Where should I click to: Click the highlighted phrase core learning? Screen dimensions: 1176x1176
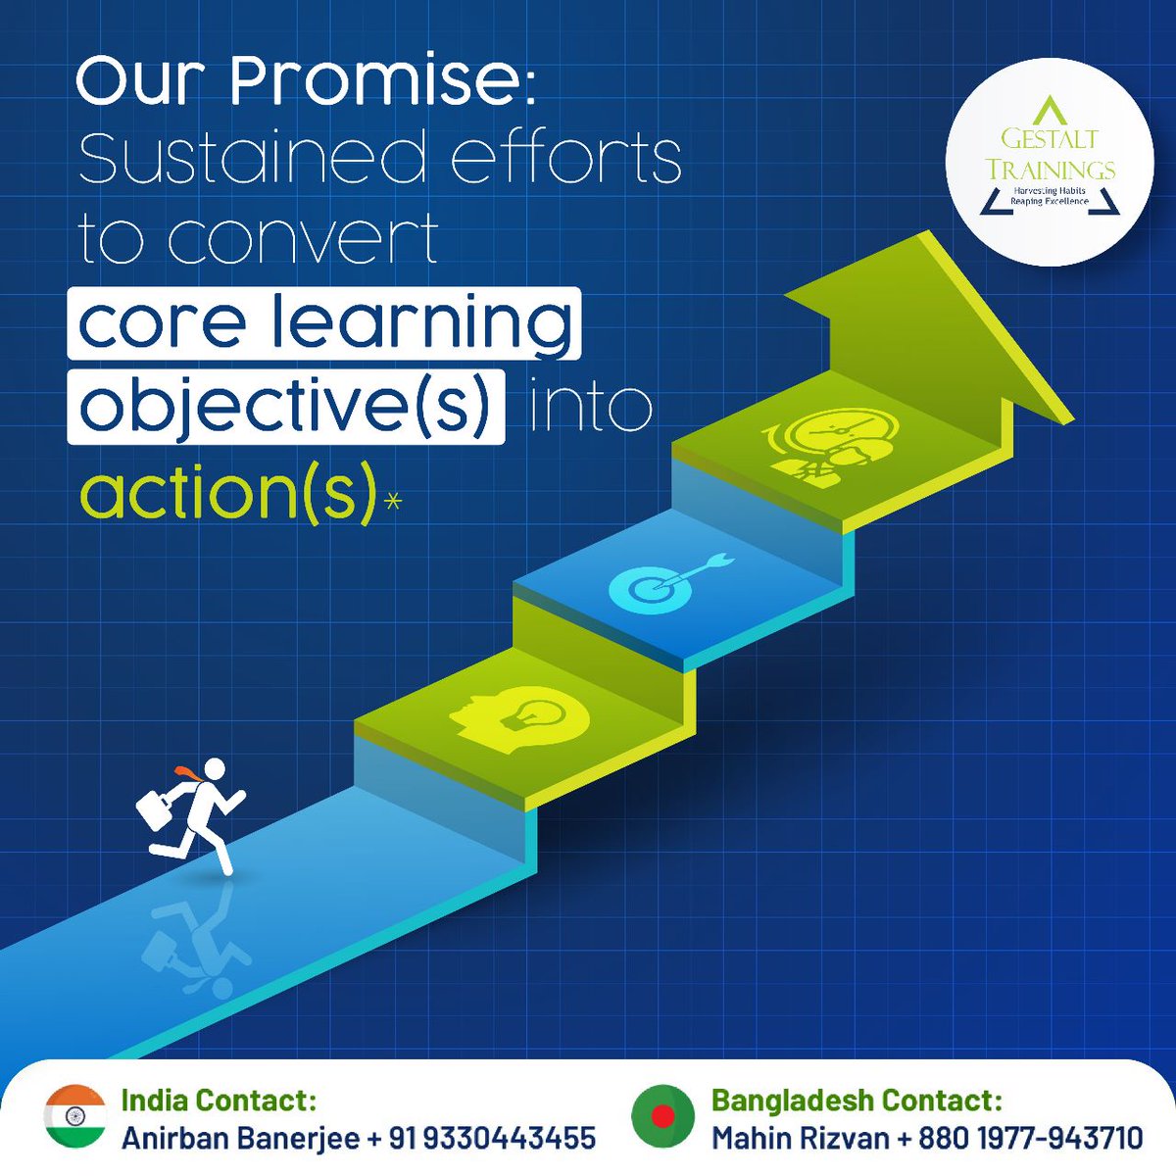tap(324, 321)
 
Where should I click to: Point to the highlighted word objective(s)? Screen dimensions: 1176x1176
tap(285, 405)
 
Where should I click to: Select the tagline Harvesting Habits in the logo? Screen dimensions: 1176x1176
tap(1049, 190)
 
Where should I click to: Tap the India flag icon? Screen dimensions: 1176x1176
tap(74, 1117)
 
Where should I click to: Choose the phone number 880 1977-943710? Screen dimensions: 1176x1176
tap(1030, 1138)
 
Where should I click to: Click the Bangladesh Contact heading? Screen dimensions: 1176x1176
tap(857, 1100)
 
